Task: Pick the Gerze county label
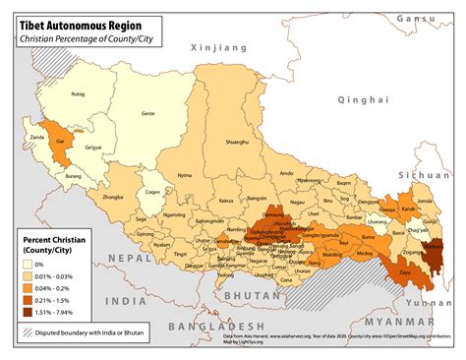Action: [x=147, y=114]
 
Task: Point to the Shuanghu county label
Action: [x=237, y=142]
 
